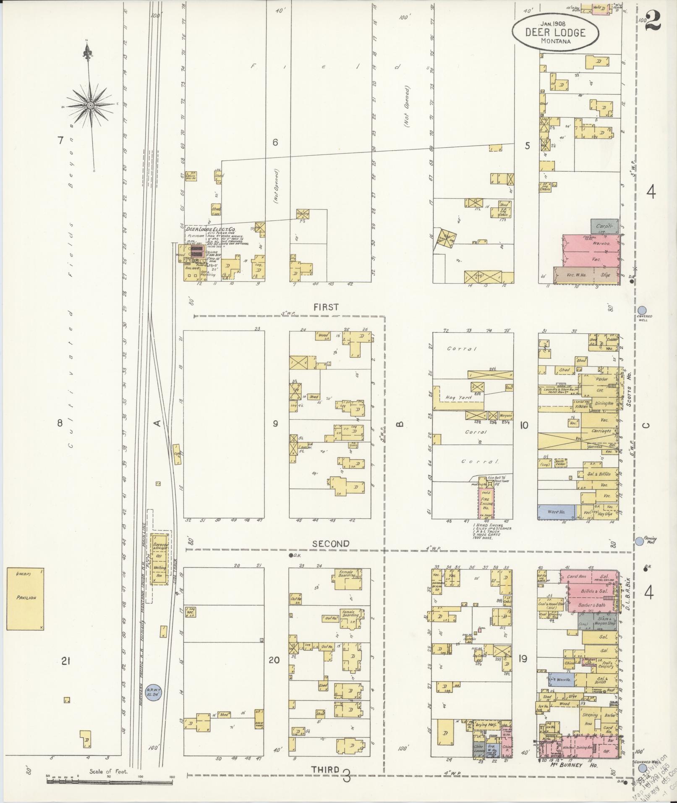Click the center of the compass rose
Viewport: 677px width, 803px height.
coord(90,105)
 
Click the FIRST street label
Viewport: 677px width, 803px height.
coord(326,307)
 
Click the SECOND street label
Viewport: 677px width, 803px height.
coord(331,544)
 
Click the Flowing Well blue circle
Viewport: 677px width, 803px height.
coord(639,541)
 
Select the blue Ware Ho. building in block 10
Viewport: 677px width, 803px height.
coord(557,512)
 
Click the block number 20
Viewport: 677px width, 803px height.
coord(274,660)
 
